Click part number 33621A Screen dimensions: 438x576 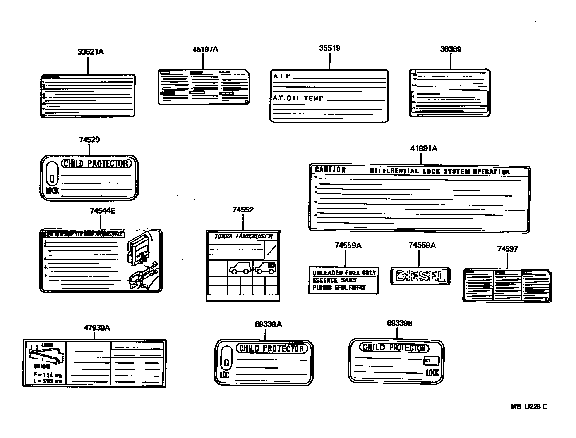91,52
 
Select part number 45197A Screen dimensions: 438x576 205,49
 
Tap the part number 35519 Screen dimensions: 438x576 329,48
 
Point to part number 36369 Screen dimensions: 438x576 451,49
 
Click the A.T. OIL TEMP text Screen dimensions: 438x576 298,98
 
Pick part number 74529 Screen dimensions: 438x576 89,140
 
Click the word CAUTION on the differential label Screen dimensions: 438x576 330,170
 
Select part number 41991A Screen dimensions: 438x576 423,148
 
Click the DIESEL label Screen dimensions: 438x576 420,276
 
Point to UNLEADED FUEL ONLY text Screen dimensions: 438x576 344,273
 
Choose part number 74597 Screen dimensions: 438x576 507,249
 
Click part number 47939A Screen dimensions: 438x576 97,328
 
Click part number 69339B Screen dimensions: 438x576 399,323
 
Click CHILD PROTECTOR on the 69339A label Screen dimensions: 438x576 271,348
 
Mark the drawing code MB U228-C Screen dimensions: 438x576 528,406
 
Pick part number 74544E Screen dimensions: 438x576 103,211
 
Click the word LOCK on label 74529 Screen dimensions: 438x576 52,191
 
